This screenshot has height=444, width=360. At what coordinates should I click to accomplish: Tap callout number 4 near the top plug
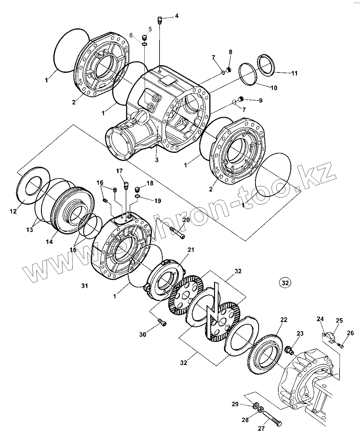pyautogui.click(x=177, y=16)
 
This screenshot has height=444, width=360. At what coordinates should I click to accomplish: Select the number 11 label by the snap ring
pyautogui.click(x=294, y=73)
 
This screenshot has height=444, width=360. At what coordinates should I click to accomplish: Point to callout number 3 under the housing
pyautogui.click(x=157, y=160)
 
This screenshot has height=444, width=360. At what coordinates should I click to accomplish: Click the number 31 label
pyautogui.click(x=84, y=286)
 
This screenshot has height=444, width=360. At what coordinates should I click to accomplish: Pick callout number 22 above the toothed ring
pyautogui.click(x=284, y=320)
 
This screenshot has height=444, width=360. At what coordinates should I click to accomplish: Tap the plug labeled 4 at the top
pyautogui.click(x=160, y=20)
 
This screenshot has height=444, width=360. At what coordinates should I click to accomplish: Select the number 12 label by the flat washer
pyautogui.click(x=13, y=211)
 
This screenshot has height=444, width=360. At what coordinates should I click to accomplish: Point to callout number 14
pyautogui.click(x=49, y=242)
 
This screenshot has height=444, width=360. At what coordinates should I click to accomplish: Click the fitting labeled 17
pyautogui.click(x=126, y=185)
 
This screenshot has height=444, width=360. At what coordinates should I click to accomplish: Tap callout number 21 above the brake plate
pyautogui.click(x=190, y=250)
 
